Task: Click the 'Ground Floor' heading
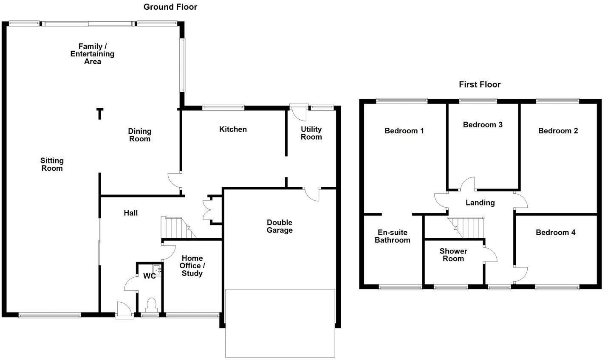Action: click(170, 7)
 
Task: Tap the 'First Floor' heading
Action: click(480, 84)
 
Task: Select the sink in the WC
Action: click(157, 269)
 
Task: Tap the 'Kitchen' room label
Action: click(233, 129)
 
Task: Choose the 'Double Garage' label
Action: click(280, 226)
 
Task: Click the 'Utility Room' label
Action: click(311, 133)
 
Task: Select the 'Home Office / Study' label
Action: click(192, 266)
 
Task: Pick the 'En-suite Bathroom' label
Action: click(394, 236)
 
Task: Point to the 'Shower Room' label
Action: click(453, 255)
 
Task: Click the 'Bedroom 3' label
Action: click(483, 124)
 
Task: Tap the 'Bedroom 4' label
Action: click(555, 232)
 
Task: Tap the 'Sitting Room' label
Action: click(52, 164)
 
